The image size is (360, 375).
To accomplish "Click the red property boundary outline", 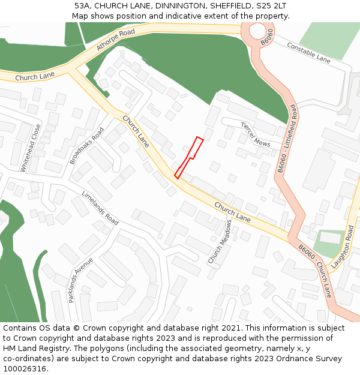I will pos(189,158).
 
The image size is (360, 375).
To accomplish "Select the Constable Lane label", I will pos(308,53).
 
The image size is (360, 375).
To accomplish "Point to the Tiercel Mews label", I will pos(256,135).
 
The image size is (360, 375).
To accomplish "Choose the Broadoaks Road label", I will pos(87,146).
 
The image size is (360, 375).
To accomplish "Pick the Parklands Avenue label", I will pos(81,280).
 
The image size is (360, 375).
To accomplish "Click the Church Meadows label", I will pos(220,242).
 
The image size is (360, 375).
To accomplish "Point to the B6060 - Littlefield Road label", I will pos(287,139).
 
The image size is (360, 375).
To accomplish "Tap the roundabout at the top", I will pos(257,31).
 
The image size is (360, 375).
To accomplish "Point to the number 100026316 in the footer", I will pos(25,368).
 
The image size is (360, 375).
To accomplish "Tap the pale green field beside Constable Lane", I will pos(326,40).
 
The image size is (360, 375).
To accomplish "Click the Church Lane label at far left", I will pos(35,76).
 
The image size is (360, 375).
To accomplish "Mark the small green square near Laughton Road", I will pos(329,244).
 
